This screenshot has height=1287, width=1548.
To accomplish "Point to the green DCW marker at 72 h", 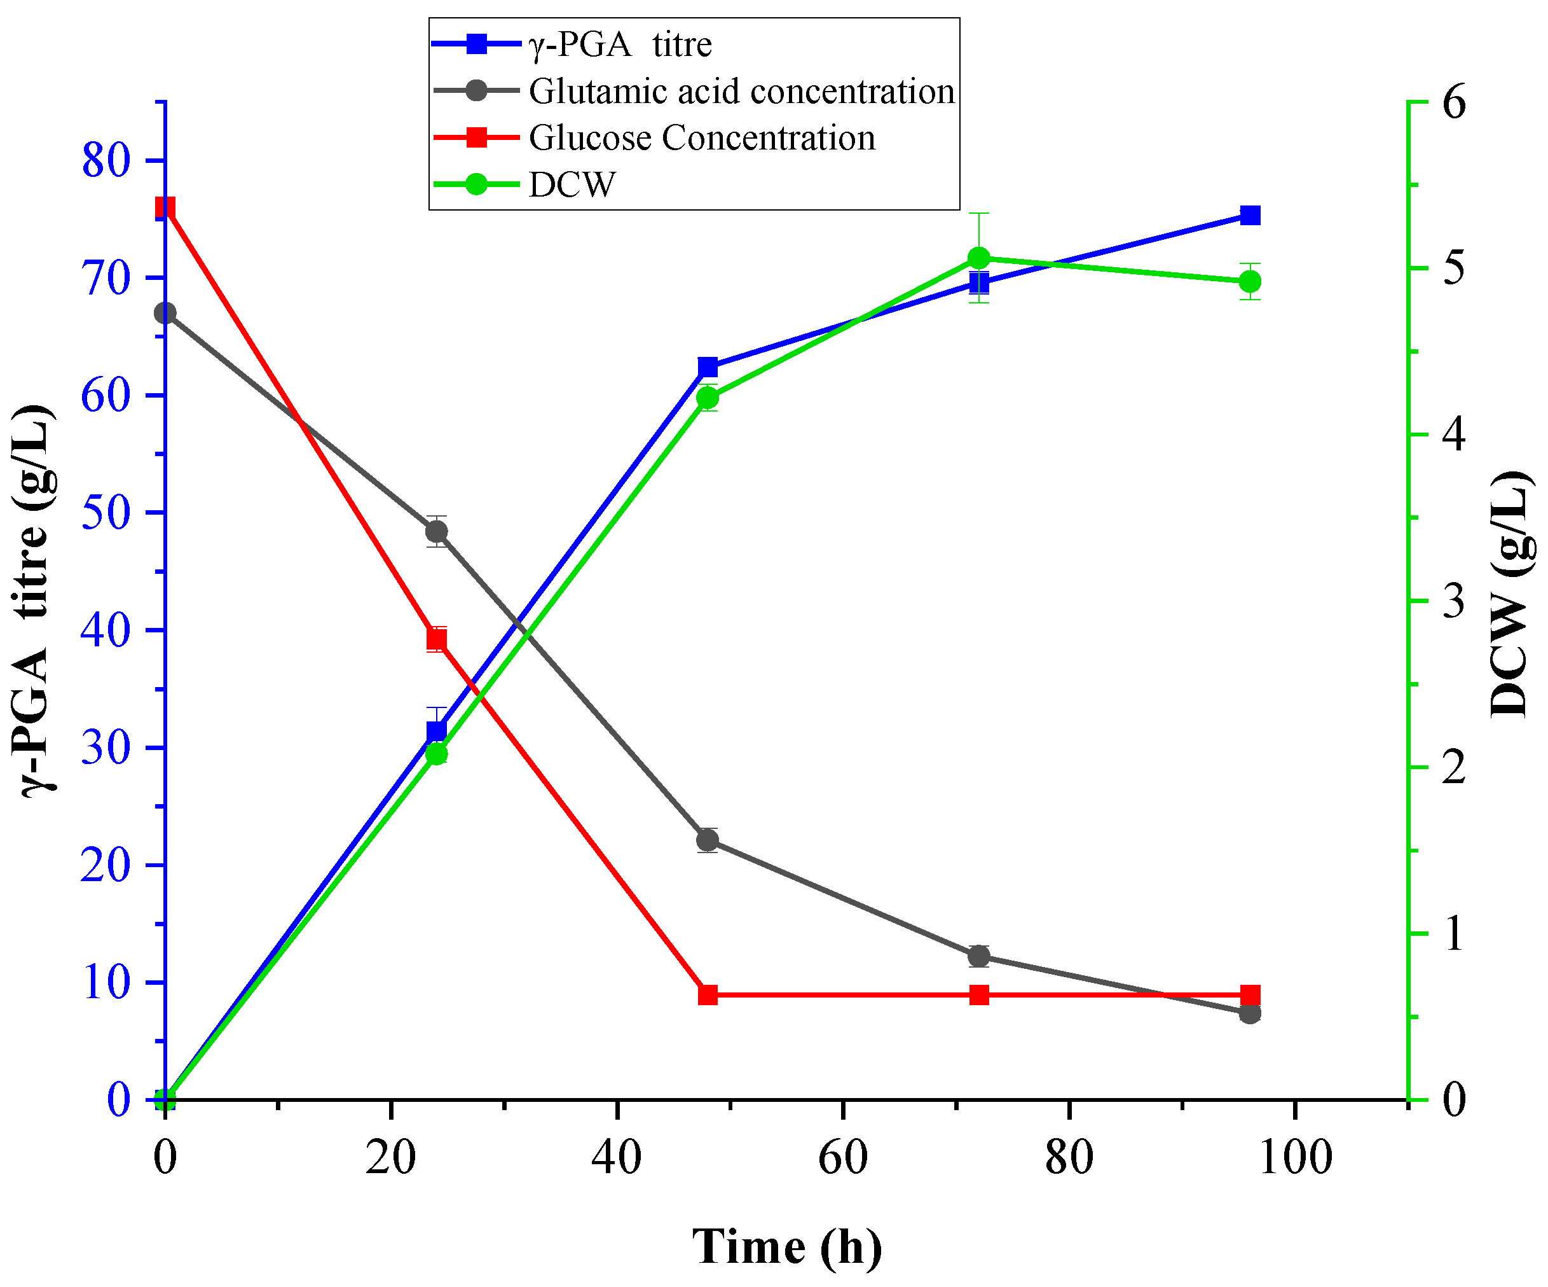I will click(x=978, y=258).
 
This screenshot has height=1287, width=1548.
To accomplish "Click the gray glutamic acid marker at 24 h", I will click(x=436, y=532).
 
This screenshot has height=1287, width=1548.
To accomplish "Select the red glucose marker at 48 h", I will click(x=708, y=995).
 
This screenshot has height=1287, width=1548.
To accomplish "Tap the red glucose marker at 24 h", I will click(x=436, y=639).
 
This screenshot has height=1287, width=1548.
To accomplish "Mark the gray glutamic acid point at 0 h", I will click(x=165, y=314).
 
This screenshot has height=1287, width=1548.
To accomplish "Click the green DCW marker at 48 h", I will click(x=708, y=398).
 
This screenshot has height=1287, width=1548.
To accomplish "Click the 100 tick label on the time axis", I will click(x=1294, y=1157).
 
